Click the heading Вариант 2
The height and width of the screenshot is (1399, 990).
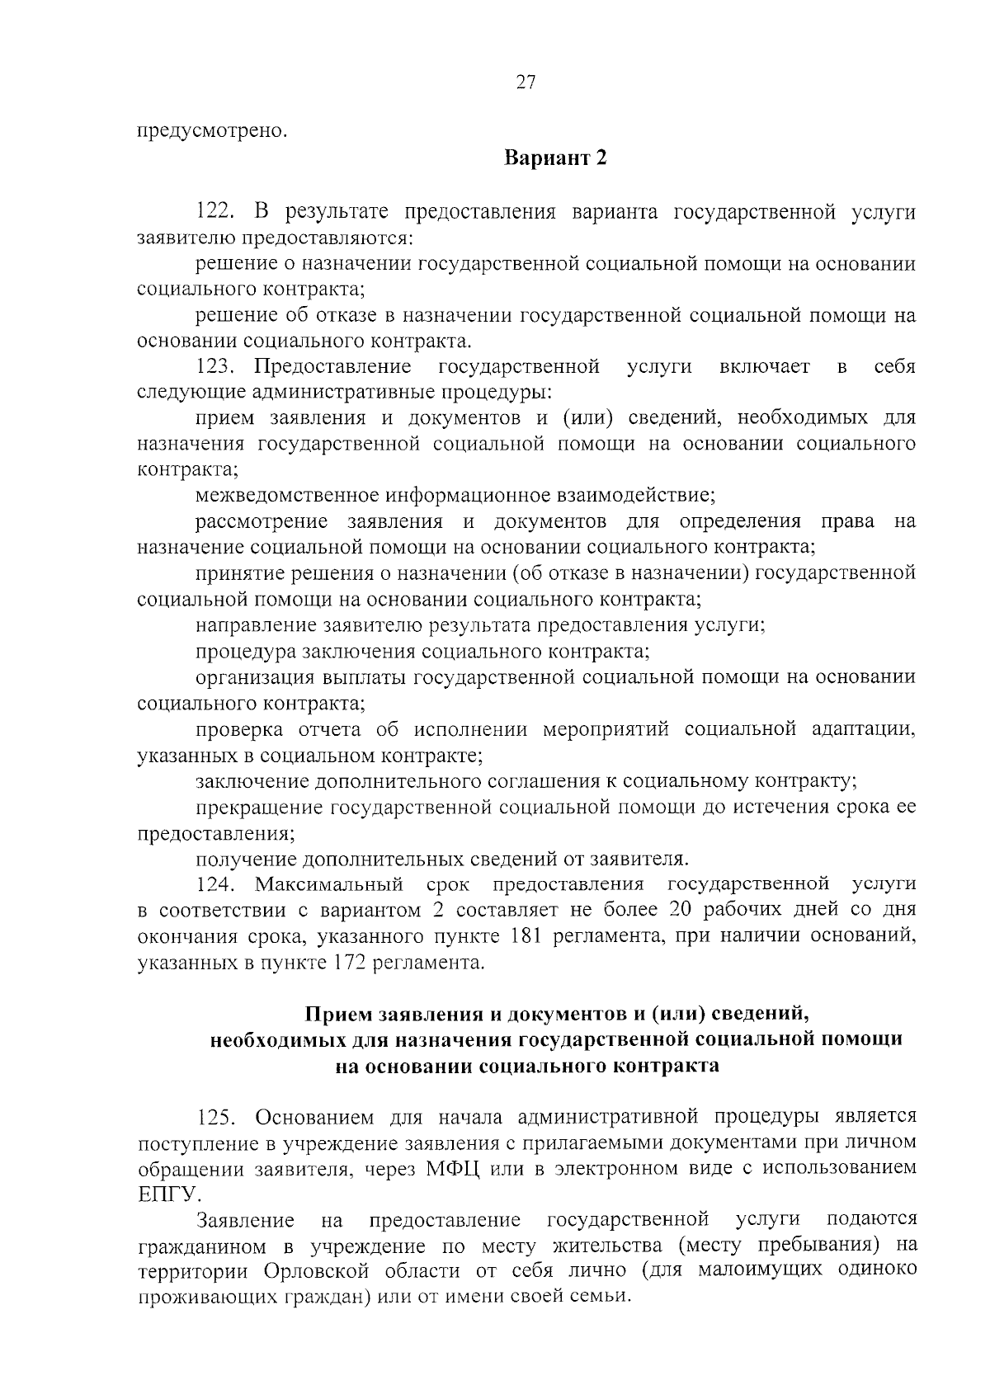[x=555, y=158]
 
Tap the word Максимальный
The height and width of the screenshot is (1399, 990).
[x=328, y=884]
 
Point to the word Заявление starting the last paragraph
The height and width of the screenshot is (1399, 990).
[x=246, y=1220]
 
